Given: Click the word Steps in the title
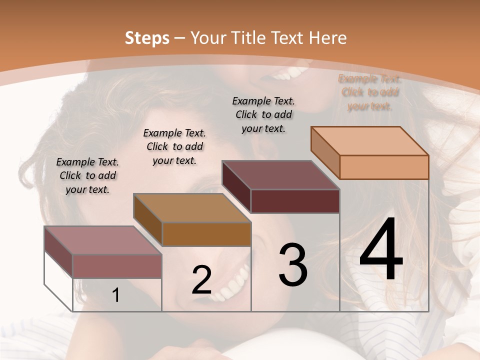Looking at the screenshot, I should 147,37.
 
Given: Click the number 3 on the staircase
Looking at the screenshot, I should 292,265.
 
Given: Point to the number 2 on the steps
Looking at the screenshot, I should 201,280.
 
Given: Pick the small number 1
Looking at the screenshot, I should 116,295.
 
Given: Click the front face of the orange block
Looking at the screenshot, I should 384,167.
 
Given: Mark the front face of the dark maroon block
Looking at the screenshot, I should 295,201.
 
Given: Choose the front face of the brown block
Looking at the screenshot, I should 206,234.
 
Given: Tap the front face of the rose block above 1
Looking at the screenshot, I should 117,266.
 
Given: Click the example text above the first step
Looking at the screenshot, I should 87,175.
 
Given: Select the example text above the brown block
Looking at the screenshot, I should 174,146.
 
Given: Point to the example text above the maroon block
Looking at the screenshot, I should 263,114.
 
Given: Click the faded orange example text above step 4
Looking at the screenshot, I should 370,92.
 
